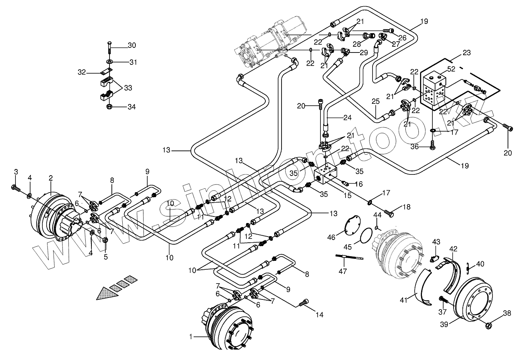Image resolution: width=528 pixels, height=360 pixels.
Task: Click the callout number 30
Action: click(x=132, y=45)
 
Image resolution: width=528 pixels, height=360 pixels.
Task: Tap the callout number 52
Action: click(x=451, y=69)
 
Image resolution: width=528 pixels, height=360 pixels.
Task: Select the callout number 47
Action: click(x=342, y=271)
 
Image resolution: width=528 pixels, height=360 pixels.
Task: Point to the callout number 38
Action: click(x=507, y=313)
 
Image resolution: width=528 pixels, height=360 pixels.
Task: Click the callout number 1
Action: click(x=191, y=337)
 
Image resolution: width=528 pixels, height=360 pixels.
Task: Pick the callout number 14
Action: click(x=319, y=315)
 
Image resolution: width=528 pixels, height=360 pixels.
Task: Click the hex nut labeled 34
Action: click(x=109, y=107)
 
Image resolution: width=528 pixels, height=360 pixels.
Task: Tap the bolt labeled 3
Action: click(x=16, y=188)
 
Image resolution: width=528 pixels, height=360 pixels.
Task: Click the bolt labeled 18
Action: click(x=389, y=213)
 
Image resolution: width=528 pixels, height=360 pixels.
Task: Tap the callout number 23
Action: click(x=466, y=52)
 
